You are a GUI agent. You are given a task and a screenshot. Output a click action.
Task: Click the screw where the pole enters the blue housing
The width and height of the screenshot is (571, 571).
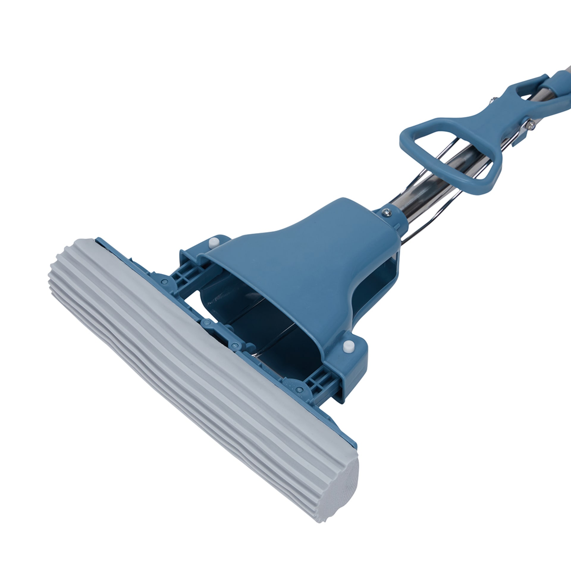(387, 212)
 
